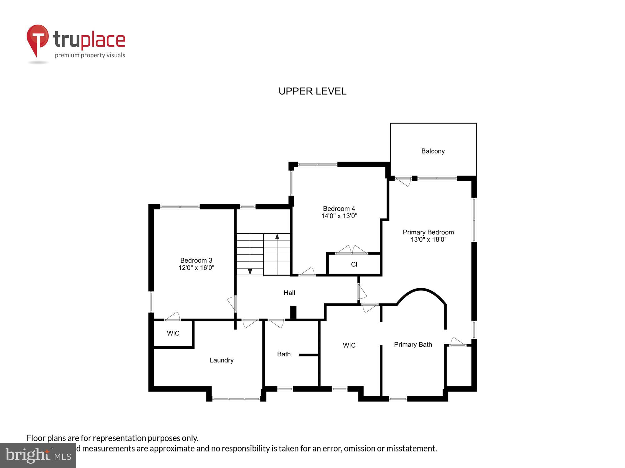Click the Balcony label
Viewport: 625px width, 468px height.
tap(433, 151)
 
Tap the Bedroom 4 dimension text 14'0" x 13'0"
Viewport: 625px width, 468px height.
tap(339, 216)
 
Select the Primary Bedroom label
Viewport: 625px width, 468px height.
tap(428, 232)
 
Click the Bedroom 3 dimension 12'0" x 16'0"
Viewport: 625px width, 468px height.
tap(196, 268)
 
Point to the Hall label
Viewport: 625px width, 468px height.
tap(289, 293)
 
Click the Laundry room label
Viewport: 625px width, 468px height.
tap(222, 360)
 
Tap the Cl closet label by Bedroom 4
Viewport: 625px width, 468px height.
tap(354, 264)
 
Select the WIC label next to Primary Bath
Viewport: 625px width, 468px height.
tap(349, 345)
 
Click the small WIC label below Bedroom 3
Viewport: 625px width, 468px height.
tap(173, 333)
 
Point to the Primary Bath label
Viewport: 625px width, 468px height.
tap(413, 344)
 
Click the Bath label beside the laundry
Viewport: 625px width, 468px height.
tap(284, 354)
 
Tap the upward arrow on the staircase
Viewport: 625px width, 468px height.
tap(277, 236)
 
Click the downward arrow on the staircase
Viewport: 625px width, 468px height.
tap(250, 271)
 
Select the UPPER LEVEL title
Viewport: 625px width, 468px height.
tap(312, 91)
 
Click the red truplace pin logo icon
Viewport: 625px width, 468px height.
tap(37, 39)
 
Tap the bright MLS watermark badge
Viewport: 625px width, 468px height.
tap(38, 456)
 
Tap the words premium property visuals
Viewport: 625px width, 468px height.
tap(90, 56)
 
